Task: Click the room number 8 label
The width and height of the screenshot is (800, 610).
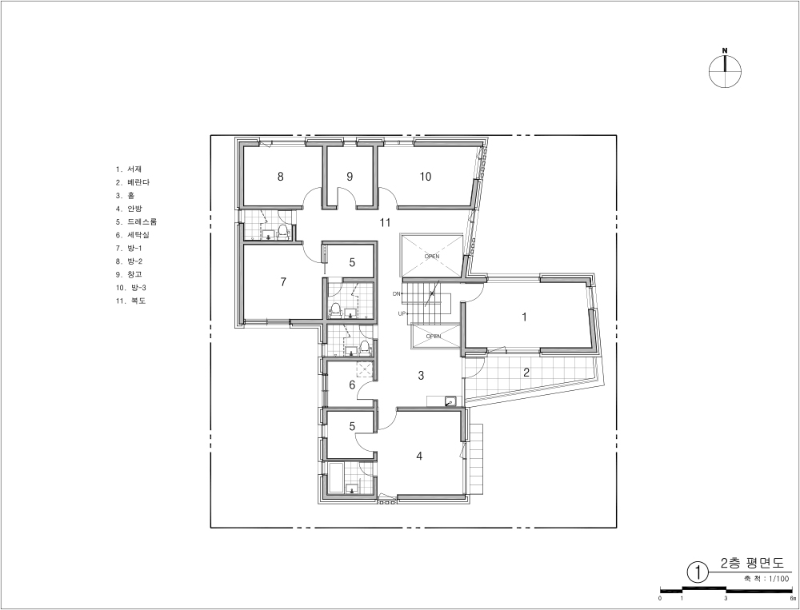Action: [280, 177]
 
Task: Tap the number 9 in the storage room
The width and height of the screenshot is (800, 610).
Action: [350, 177]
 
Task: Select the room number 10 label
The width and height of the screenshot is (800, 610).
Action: [426, 177]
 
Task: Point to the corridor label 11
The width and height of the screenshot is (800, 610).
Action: [386, 222]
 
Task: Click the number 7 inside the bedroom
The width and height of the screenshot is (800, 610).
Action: [283, 281]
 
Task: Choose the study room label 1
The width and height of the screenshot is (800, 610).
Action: [524, 317]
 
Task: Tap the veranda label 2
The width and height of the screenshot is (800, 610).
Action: [526, 372]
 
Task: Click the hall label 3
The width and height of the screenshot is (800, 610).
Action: [421, 376]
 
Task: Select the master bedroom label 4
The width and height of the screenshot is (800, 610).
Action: [419, 456]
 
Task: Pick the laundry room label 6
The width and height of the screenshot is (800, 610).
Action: [352, 385]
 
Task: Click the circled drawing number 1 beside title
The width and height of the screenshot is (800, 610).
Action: [698, 572]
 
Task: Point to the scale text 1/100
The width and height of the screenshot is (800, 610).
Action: [778, 578]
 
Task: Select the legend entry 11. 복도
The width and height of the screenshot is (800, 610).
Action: [130, 301]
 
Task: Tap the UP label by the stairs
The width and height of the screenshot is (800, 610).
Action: [402, 313]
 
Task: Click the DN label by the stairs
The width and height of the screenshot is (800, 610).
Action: [397, 293]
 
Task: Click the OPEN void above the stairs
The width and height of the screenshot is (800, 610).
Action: [432, 257]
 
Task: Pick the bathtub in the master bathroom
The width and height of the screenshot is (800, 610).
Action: [336, 478]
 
